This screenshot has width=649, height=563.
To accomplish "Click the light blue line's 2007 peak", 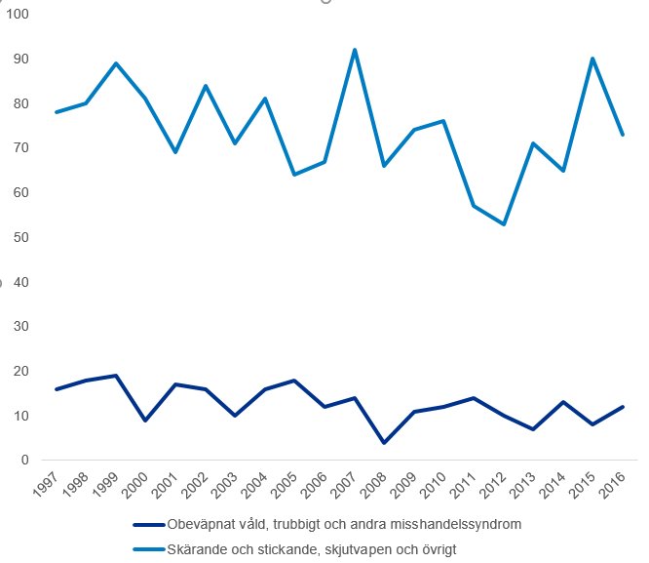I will click(354, 50).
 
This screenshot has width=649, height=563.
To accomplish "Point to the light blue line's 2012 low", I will click(503, 224).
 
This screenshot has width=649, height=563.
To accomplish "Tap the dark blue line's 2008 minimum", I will click(384, 443).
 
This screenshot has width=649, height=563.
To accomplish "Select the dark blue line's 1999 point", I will click(116, 376).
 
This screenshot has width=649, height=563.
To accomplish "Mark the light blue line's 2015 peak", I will click(592, 59).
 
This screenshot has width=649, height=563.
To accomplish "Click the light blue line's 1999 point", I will click(116, 63).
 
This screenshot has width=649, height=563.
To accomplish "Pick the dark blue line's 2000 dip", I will click(146, 421).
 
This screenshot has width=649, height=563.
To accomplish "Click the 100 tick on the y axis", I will click(18, 15).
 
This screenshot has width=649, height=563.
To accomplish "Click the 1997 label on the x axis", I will click(47, 485).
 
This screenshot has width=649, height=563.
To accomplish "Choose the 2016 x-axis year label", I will click(613, 485).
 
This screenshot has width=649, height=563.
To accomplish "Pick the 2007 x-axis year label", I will click(344, 485).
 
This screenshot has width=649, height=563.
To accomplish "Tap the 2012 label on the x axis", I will click(494, 485).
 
